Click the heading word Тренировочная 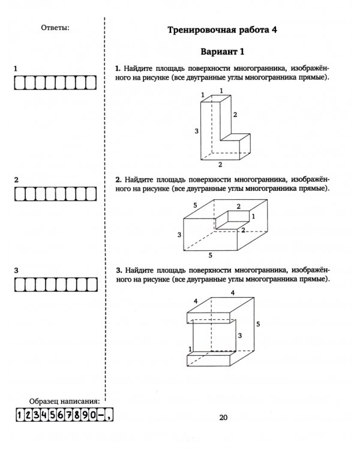coord(194,29)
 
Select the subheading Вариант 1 coord(222,52)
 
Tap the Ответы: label coord(56,28)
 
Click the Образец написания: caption coord(64,401)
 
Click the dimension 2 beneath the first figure coord(220,164)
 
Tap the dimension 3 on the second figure coord(179,235)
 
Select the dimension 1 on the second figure coord(253,216)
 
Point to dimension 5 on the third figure coord(257,325)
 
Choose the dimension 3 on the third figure coord(239,336)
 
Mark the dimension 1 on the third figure coord(190,349)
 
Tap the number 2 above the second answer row coord(16,179)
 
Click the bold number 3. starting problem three coord(119,271)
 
